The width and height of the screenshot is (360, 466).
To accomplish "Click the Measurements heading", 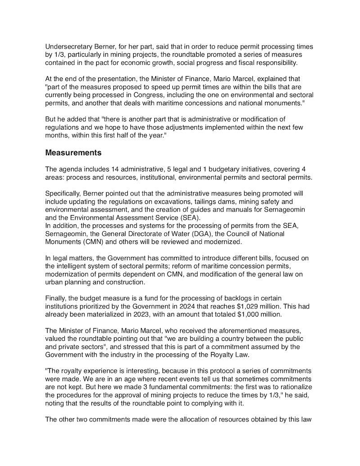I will [x=73, y=152].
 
